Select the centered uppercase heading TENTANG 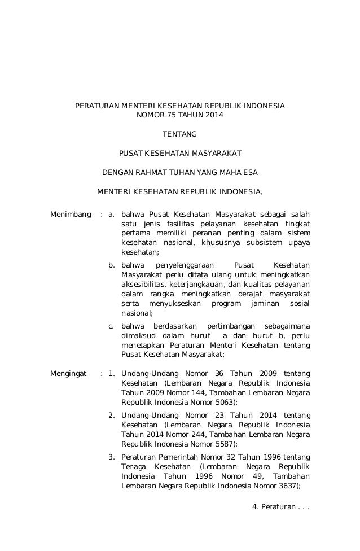pos(180,134)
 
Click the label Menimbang pos(71,214)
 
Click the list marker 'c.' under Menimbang pos(112,326)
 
